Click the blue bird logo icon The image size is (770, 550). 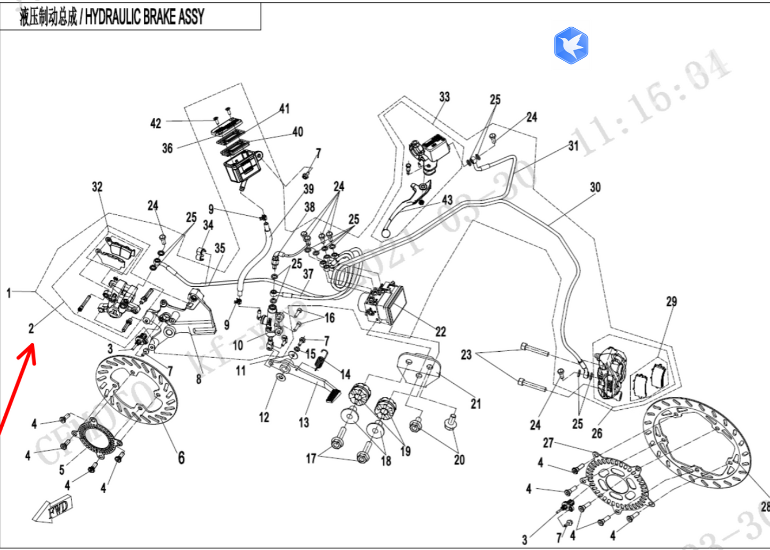tap(571, 45)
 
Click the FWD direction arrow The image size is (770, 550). tap(53, 510)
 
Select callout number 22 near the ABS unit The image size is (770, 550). tap(440, 331)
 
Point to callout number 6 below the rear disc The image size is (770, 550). tap(181, 457)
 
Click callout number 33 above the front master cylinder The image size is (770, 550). tap(444, 96)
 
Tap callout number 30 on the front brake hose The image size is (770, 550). tap(595, 187)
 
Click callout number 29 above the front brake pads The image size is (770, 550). tap(671, 302)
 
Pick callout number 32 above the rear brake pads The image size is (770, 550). tap(97, 187)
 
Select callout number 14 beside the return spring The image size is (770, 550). tap(345, 374)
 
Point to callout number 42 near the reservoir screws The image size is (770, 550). tap(155, 123)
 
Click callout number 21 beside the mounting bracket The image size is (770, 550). tap(476, 404)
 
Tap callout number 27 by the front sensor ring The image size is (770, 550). tap(548, 443)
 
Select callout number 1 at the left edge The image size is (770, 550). tap(9, 293)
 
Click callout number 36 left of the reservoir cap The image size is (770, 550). tap(167, 148)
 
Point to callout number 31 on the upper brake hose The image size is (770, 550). tap(573, 145)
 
